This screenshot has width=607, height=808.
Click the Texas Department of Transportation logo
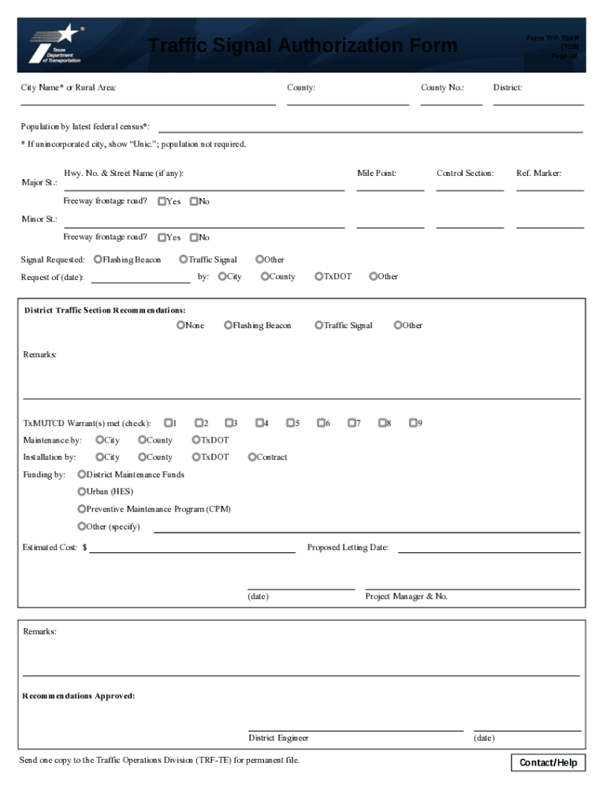click(x=55, y=44)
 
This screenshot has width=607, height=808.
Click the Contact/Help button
click(x=549, y=762)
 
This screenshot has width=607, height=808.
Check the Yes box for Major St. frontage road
click(x=162, y=201)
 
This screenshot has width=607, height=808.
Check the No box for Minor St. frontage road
click(x=194, y=237)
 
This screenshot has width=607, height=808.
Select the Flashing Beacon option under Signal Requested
click(x=98, y=259)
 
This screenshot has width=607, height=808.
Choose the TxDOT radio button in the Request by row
click(x=318, y=276)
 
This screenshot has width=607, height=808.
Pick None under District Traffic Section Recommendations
click(x=181, y=325)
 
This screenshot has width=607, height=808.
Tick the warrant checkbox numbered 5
click(x=290, y=423)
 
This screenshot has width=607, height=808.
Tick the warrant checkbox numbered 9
click(x=412, y=423)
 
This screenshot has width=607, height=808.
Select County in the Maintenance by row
click(x=142, y=440)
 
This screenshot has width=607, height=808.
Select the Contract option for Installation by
click(x=251, y=457)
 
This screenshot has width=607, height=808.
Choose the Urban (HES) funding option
click(x=81, y=492)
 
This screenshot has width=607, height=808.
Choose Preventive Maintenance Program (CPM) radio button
click(x=81, y=509)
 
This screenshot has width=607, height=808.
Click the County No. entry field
click(x=451, y=98)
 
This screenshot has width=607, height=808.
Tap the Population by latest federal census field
click(x=371, y=125)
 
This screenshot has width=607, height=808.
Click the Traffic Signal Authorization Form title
click(x=303, y=46)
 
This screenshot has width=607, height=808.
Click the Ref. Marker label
click(x=538, y=173)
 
